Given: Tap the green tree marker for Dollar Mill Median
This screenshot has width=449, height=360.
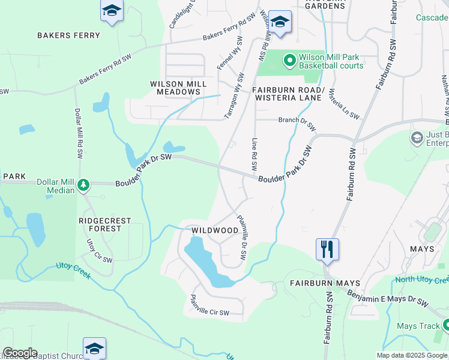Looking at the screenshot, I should (85, 184).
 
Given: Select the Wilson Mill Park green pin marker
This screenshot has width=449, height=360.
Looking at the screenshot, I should (290, 60).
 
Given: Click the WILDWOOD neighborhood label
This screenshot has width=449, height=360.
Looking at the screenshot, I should (215, 230).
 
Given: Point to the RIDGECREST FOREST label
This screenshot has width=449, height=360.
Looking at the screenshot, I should (104, 224).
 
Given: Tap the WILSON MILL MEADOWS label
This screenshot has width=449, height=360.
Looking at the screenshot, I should (178, 88).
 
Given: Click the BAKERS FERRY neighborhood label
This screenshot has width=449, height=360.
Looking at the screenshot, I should (68, 35).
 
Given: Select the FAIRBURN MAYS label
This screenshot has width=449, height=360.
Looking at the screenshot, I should (325, 283).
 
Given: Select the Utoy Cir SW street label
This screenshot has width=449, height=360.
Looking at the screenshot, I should (99, 251).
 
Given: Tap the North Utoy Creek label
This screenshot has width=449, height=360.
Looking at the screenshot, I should (423, 280).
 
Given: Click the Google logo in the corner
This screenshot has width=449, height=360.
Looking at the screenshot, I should (19, 353).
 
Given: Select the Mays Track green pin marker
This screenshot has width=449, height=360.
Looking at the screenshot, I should (445, 325).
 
